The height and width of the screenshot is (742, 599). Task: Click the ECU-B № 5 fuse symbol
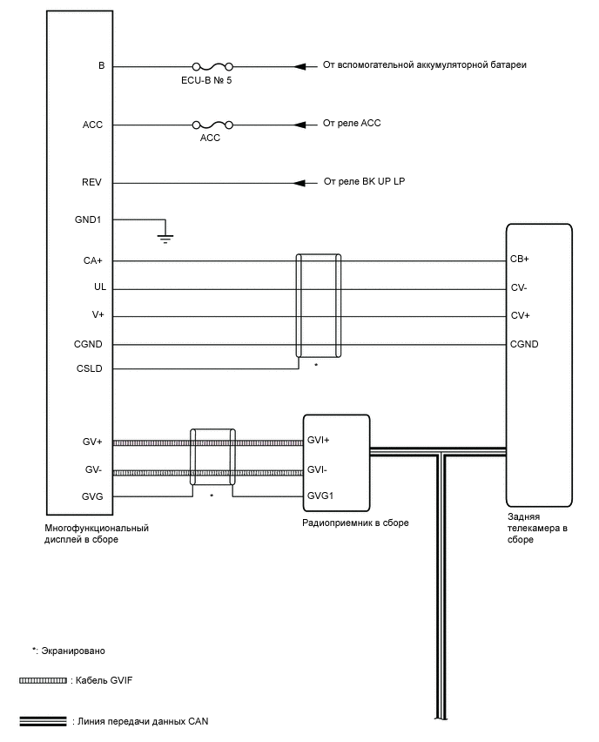tap(212, 66)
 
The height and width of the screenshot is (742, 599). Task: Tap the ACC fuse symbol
tap(212, 125)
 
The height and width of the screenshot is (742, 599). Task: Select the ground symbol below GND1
tap(164, 234)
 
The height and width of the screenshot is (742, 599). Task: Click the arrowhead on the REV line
tap(301, 183)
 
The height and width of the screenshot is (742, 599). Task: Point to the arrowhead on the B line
tap(301, 66)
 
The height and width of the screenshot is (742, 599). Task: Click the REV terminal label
tap(92, 183)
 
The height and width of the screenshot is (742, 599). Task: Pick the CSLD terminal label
tap(90, 369)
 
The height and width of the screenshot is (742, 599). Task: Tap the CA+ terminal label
tap(92, 260)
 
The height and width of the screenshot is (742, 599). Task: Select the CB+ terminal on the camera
tap(520, 260)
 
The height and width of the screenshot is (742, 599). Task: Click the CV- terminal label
tap(519, 287)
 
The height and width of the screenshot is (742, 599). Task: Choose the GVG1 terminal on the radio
tap(320, 496)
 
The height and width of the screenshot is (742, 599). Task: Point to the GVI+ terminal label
tap(318, 441)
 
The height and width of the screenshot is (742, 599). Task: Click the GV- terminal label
tap(94, 470)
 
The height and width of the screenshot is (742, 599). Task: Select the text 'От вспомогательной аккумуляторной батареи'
tap(425, 65)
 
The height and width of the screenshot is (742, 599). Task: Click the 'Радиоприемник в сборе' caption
tap(355, 523)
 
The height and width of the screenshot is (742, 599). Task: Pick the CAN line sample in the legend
tap(43, 721)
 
